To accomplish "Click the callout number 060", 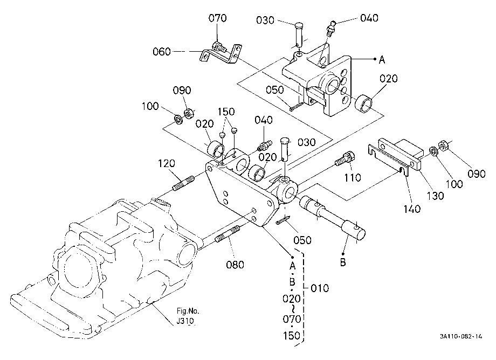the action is click(162, 52).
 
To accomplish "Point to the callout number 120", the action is click(167, 163).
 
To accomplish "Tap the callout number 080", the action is click(235, 264).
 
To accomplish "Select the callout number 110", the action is click(353, 178).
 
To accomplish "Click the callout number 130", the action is click(435, 196).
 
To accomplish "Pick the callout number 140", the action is click(412, 209).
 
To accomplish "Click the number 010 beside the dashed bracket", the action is click(320, 288).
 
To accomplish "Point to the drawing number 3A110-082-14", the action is click(461, 336).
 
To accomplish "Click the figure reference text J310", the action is click(185, 321).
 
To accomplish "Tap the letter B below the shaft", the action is click(343, 262).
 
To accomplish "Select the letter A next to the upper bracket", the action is click(382, 59).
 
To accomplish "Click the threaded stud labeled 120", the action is click(184, 184).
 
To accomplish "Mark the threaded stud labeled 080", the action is click(227, 234).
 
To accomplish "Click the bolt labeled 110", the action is click(345, 158).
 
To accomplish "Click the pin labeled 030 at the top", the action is click(299, 34).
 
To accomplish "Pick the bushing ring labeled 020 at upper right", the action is click(364, 105).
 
